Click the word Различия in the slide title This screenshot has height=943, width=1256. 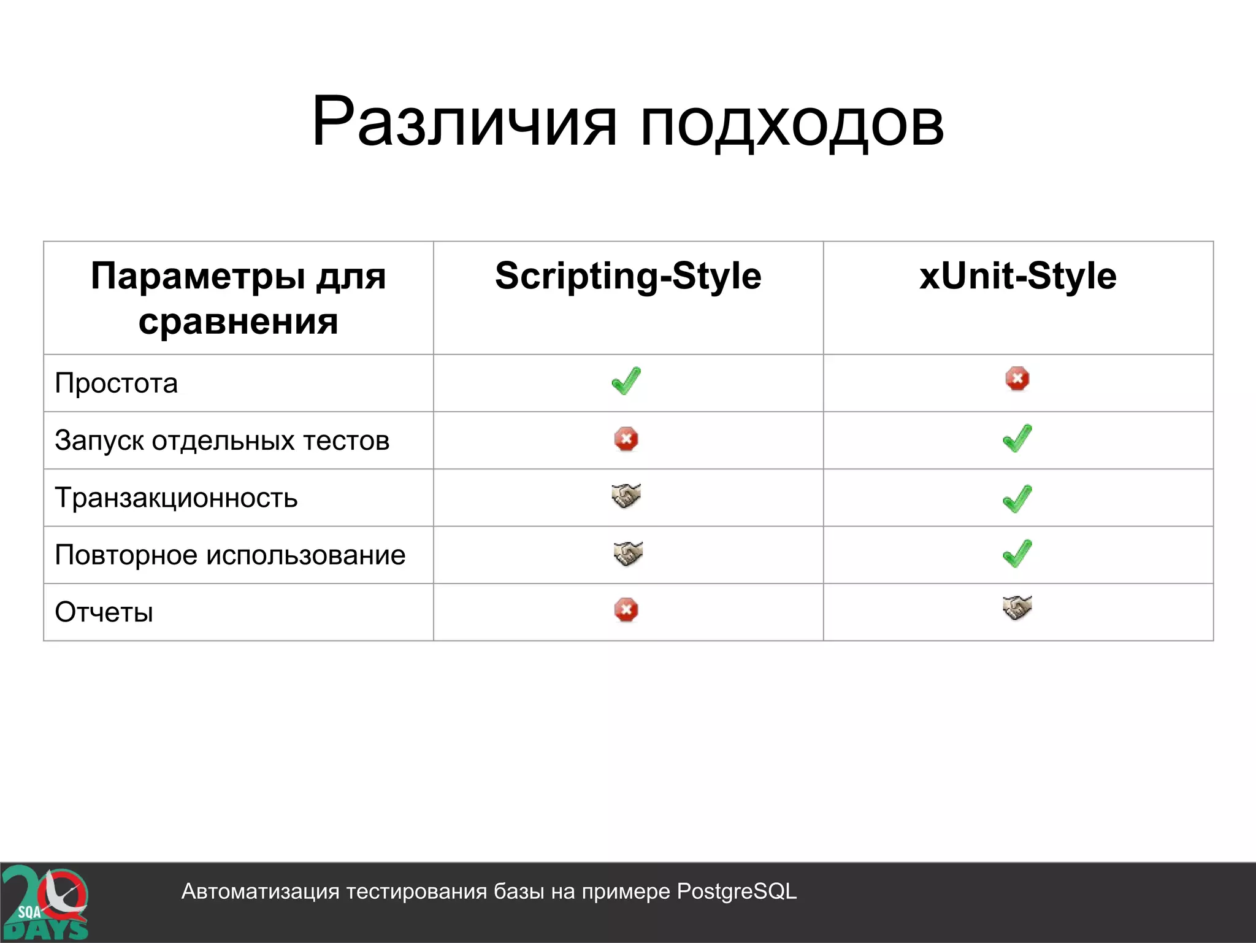464,123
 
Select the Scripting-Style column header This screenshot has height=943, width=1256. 628,276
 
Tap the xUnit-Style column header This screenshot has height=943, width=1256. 1017,276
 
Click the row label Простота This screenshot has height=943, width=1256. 117,383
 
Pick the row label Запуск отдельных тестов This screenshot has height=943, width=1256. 222,441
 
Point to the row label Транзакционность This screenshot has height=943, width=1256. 176,498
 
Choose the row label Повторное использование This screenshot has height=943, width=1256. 230,555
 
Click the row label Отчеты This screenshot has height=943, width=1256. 104,612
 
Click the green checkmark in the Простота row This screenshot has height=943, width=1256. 626,381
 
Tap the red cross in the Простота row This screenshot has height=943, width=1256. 1017,379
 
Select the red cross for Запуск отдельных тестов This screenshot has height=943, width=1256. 626,439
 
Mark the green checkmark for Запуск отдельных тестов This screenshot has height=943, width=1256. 1017,438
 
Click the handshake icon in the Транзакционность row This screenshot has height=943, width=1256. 626,496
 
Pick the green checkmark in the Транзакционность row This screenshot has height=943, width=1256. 1017,498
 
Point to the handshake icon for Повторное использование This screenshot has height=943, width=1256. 628,553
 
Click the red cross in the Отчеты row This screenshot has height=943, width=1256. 626,610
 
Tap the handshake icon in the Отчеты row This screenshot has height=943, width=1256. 1017,607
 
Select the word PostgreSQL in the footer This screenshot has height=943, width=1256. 737,891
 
